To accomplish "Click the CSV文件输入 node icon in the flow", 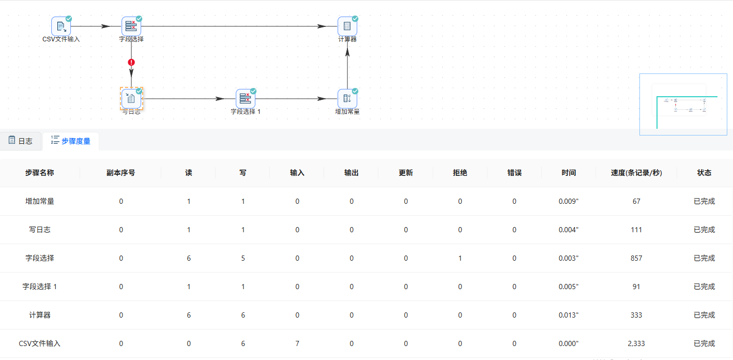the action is tap(61, 26).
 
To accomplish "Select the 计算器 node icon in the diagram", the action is tap(347, 26).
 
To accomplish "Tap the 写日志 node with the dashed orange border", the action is tap(131, 99).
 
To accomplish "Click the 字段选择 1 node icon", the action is tap(246, 99).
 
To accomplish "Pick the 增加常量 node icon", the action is tap(347, 99).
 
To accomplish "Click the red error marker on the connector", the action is tap(131, 62).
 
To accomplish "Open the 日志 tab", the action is tap(21, 141).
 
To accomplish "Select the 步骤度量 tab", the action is tap(71, 141).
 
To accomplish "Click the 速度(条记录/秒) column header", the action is tap(636, 173).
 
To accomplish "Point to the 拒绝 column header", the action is tap(460, 173).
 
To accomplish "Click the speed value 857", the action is tap(636, 258).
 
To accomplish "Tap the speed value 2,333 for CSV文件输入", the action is tap(636, 343).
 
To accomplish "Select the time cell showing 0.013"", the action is tap(569, 315).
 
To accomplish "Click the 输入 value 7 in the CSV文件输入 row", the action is tap(297, 343).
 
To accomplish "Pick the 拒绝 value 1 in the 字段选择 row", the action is tap(460, 258).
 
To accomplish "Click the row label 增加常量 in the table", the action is tap(40, 201).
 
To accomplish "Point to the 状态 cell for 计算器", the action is tap(704, 315).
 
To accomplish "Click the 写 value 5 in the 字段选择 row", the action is tap(243, 258).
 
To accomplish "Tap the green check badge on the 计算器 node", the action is tap(355, 19).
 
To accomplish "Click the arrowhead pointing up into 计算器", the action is tap(347, 52).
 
